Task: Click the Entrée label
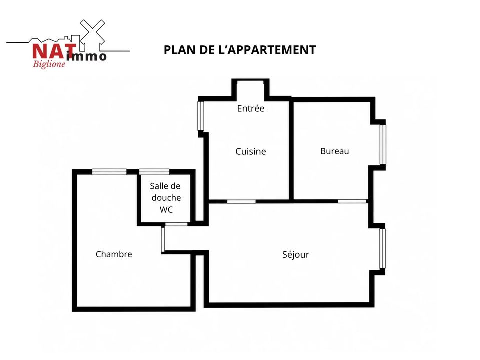pos(250,108)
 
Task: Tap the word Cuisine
pos(250,151)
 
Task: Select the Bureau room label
pos(335,151)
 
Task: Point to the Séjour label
pos(295,254)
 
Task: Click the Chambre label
pos(114,254)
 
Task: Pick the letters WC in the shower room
pos(166,209)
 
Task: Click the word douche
pos(166,198)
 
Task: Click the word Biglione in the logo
pos(49,64)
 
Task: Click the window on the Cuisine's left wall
pos(201,116)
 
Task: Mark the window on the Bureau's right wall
pos(383,145)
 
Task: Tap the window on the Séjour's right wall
pos(382,249)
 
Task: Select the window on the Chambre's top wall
pos(109,172)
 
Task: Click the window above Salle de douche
pos(154,172)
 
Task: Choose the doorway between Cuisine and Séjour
pos(241,201)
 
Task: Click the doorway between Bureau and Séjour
pos(352,201)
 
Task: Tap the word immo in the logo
pos(86,56)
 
